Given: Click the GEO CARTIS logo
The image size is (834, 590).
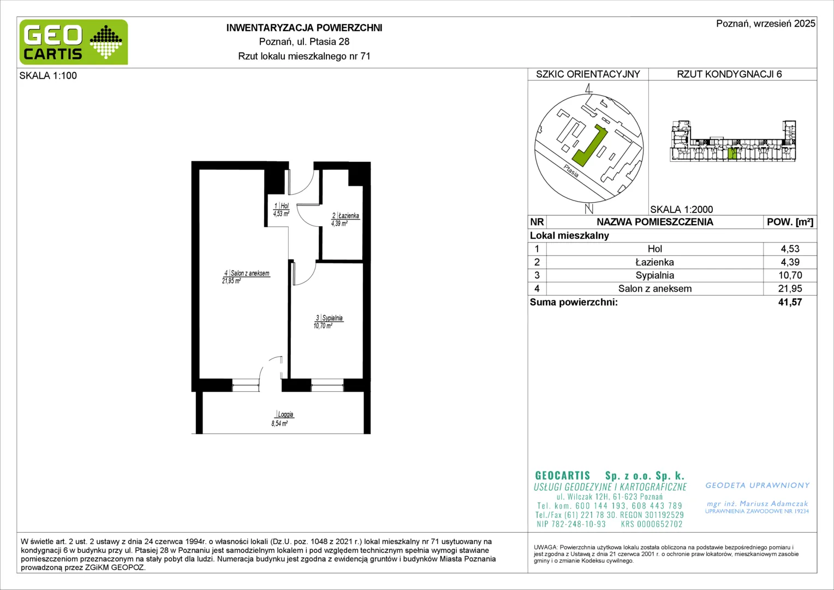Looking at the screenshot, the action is click(x=74, y=42).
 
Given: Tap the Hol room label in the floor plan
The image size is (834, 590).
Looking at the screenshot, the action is click(x=284, y=206).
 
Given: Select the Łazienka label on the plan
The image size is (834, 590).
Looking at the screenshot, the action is click(x=348, y=215).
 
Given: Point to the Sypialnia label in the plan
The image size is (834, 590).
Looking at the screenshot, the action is click(x=332, y=318).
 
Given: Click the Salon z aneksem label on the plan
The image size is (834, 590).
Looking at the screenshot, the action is click(x=250, y=273).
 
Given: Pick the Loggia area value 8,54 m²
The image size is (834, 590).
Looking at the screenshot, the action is click(x=279, y=423).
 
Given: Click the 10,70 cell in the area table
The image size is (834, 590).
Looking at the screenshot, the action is click(x=790, y=275).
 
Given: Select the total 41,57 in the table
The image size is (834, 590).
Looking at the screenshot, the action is click(x=790, y=302).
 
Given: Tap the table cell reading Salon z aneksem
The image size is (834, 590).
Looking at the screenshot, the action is click(x=655, y=288).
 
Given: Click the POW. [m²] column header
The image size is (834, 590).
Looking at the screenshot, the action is click(x=790, y=222).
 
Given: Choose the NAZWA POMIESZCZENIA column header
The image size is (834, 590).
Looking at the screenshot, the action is click(x=655, y=222).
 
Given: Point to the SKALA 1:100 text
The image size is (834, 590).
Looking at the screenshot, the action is click(x=48, y=75).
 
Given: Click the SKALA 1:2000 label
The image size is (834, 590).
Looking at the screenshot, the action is click(x=682, y=209).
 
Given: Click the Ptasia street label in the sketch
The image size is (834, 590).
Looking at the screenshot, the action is click(x=571, y=171).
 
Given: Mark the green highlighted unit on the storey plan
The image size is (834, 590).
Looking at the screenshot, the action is click(x=732, y=154).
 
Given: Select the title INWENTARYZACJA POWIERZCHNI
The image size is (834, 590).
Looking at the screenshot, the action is click(x=304, y=28).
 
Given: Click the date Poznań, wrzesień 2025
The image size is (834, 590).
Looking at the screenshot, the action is click(x=765, y=23).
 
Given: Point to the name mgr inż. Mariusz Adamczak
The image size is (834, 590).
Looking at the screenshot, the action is click(x=757, y=504).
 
